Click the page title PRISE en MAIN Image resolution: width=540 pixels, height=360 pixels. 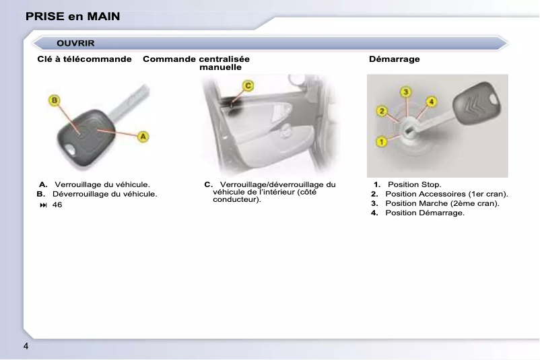(x=73, y=16)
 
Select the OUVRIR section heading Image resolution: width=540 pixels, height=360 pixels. (x=75, y=44)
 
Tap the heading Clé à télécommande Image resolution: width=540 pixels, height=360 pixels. (x=84, y=59)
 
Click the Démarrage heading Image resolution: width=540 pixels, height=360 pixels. (x=395, y=59)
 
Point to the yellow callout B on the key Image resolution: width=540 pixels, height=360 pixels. (x=54, y=100)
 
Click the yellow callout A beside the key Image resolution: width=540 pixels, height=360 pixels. (x=143, y=137)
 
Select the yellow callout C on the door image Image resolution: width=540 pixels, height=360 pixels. (x=248, y=85)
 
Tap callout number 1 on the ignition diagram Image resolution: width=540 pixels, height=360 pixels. (x=381, y=141)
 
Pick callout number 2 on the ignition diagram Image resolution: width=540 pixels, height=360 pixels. (x=381, y=110)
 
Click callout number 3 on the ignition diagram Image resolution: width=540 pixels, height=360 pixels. (x=406, y=92)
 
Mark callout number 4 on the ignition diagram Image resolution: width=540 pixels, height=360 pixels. (x=432, y=102)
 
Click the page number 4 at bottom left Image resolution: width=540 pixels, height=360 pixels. (x=26, y=347)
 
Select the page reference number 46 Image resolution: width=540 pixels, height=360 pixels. (x=57, y=205)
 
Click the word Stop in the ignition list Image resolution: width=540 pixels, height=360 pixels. (x=430, y=184)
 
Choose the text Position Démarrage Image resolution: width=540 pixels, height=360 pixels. (x=424, y=213)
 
